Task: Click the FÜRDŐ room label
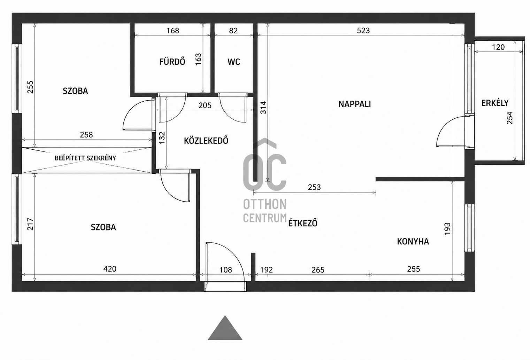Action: pyautogui.click(x=172, y=62)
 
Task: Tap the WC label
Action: pyautogui.click(x=234, y=62)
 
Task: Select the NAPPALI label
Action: pyautogui.click(x=354, y=104)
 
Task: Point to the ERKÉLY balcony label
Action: pyautogui.click(x=495, y=103)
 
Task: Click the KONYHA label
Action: pyautogui.click(x=413, y=242)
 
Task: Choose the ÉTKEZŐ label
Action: pyautogui.click(x=302, y=223)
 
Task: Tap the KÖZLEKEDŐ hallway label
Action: pyautogui.click(x=206, y=141)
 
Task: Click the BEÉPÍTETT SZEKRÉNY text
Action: pyautogui.click(x=85, y=158)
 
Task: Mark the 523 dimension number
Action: pyautogui.click(x=363, y=31)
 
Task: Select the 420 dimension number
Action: pyautogui.click(x=110, y=269)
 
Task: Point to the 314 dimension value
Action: pyautogui.click(x=263, y=108)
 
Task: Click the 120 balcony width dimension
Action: pyautogui.click(x=498, y=47)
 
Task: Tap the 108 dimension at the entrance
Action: pyautogui.click(x=226, y=270)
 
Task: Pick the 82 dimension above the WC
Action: pyautogui.click(x=233, y=31)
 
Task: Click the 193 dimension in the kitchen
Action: pyautogui.click(x=447, y=229)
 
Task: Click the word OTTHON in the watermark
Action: pyautogui.click(x=265, y=204)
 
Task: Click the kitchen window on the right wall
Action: pyautogui.click(x=469, y=228)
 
